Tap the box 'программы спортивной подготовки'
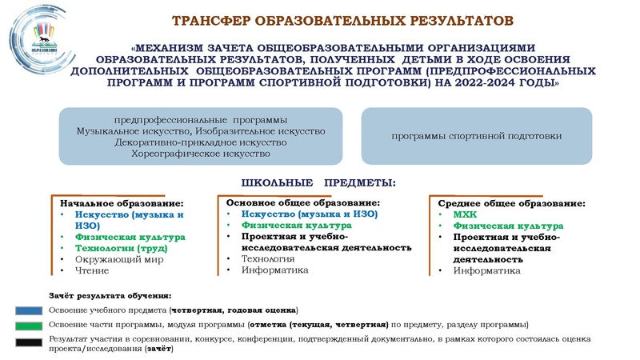tap(477, 136)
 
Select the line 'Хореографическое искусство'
tap(201, 154)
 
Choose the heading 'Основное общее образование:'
tap(302, 203)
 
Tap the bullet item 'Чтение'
tap(92, 271)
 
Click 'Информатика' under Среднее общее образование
tap(486, 270)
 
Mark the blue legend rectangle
tap(29, 310)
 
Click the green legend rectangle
tap(29, 325)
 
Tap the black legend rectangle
tap(29, 344)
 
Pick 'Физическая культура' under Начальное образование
tap(130, 238)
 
